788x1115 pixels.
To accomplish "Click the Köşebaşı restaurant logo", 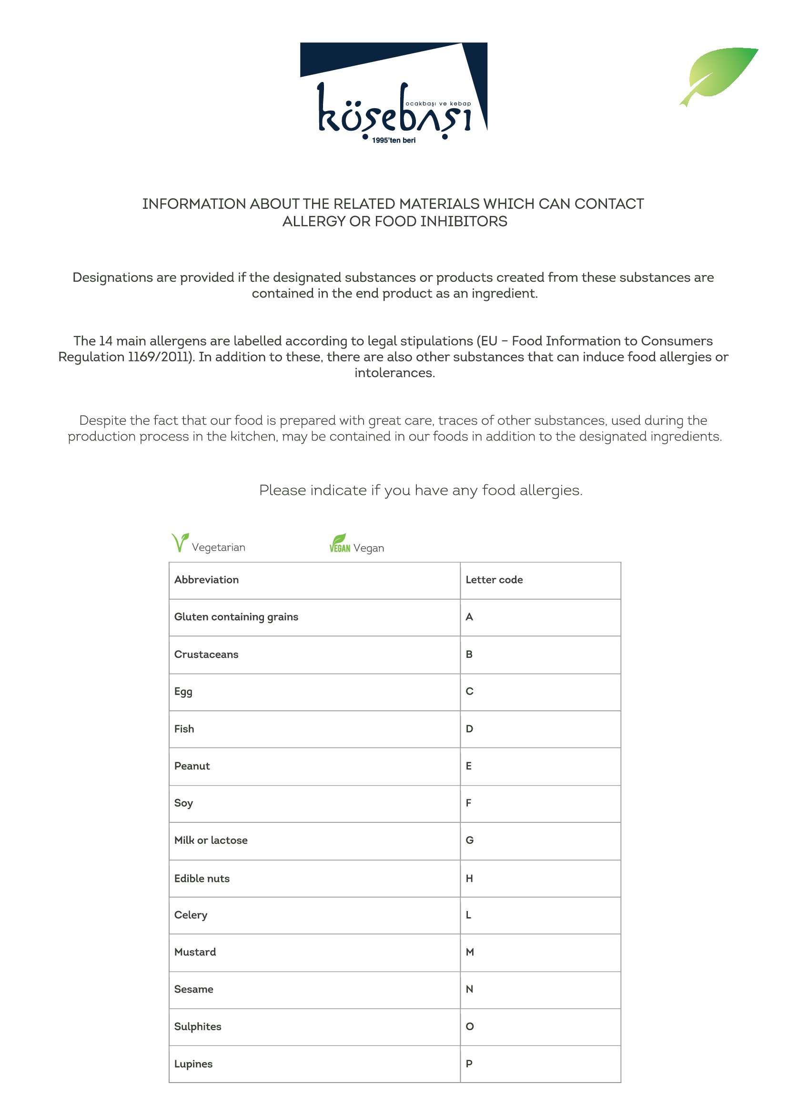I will click(x=394, y=92).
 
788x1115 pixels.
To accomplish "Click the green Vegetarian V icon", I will click(x=180, y=542).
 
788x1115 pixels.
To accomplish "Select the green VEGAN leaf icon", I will click(x=340, y=543).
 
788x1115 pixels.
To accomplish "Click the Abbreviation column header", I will click(x=206, y=580).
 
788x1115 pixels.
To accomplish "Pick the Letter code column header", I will click(x=494, y=580).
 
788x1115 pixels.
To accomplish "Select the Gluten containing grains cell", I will click(x=236, y=617).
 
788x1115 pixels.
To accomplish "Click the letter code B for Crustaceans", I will click(x=469, y=654).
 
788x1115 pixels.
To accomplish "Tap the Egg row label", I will click(x=183, y=692).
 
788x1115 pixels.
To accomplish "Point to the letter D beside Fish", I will click(x=469, y=729).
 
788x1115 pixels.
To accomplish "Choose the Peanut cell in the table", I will click(x=192, y=767).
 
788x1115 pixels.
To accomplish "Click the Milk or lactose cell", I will click(x=211, y=840).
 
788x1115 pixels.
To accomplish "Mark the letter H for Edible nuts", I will click(x=469, y=879).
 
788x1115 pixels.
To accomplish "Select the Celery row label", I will click(x=191, y=915).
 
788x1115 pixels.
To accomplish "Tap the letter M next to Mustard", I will click(x=470, y=952).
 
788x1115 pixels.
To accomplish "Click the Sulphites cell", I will click(x=198, y=1027).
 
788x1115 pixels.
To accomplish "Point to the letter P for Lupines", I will click(x=469, y=1064).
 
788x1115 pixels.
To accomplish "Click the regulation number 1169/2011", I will click(x=160, y=357).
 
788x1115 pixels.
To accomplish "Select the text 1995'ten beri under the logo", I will click(x=394, y=140).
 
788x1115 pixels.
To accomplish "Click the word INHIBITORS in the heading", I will click(x=464, y=222).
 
